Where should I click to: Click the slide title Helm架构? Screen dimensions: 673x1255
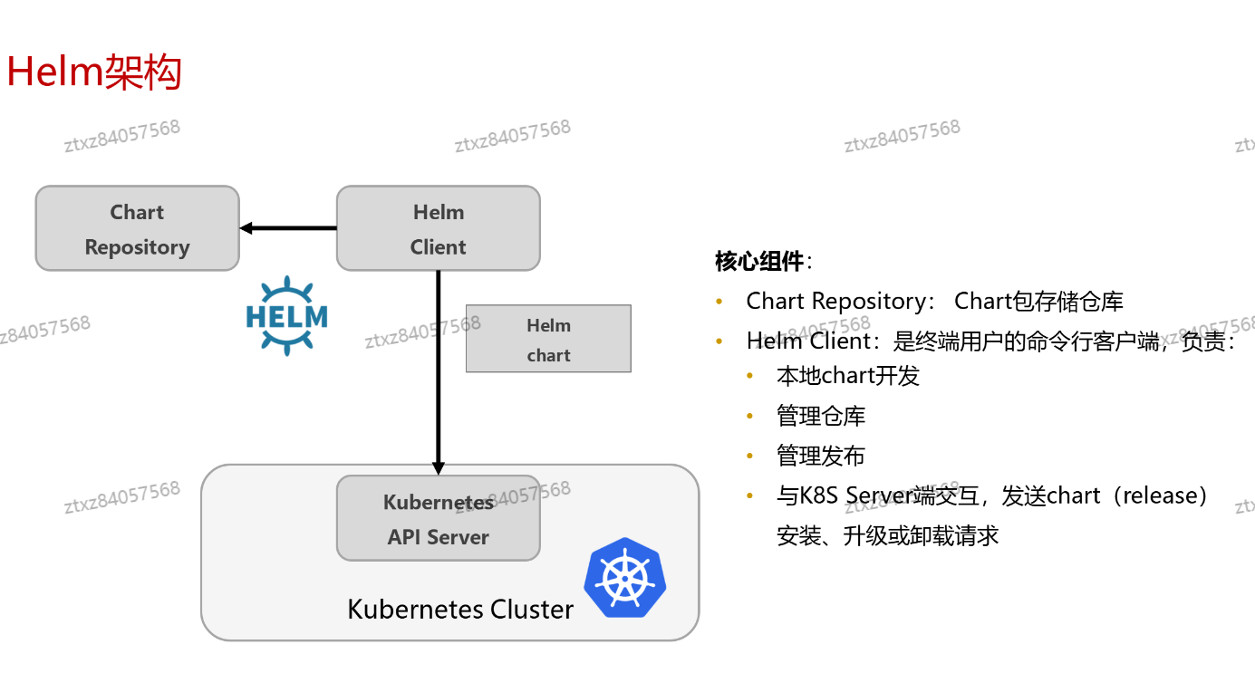(x=94, y=72)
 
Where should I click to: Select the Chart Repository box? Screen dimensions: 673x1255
(x=137, y=228)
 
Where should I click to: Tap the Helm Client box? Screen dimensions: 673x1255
(x=438, y=228)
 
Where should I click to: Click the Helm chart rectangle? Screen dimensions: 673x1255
(x=548, y=339)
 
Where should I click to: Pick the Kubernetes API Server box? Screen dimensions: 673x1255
(x=438, y=518)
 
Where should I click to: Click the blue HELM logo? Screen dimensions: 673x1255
(x=286, y=315)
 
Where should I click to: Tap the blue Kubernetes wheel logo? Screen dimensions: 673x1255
(x=624, y=579)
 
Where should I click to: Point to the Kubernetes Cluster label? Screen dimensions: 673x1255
(x=460, y=609)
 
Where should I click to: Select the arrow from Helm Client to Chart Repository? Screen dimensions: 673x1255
(x=288, y=228)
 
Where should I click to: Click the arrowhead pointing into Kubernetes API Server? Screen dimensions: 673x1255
(x=439, y=468)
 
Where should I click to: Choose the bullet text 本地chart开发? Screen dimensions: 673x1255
(x=848, y=375)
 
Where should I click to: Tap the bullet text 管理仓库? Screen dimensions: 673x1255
(x=821, y=416)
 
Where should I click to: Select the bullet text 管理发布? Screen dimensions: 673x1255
(x=821, y=456)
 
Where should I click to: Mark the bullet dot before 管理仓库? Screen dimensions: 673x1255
(x=750, y=416)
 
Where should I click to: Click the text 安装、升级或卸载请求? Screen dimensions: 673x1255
(x=888, y=535)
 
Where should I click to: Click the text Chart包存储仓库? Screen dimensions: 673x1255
(x=1038, y=301)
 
